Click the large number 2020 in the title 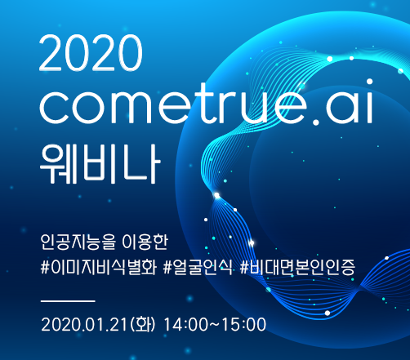[x=91, y=53]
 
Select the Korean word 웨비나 [x=100, y=163]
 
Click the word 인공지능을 [x=78, y=242]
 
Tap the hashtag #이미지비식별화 [x=99, y=267]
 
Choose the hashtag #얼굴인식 [x=198, y=267]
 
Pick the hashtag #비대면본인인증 [x=297, y=267]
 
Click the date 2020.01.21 [x=84, y=324]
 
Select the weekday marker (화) [x=143, y=324]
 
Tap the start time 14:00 [x=185, y=324]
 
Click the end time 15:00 [x=244, y=324]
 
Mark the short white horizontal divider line [x=68, y=301]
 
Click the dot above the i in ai [x=369, y=82]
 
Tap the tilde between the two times [x=215, y=325]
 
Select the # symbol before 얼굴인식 [x=168, y=267]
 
